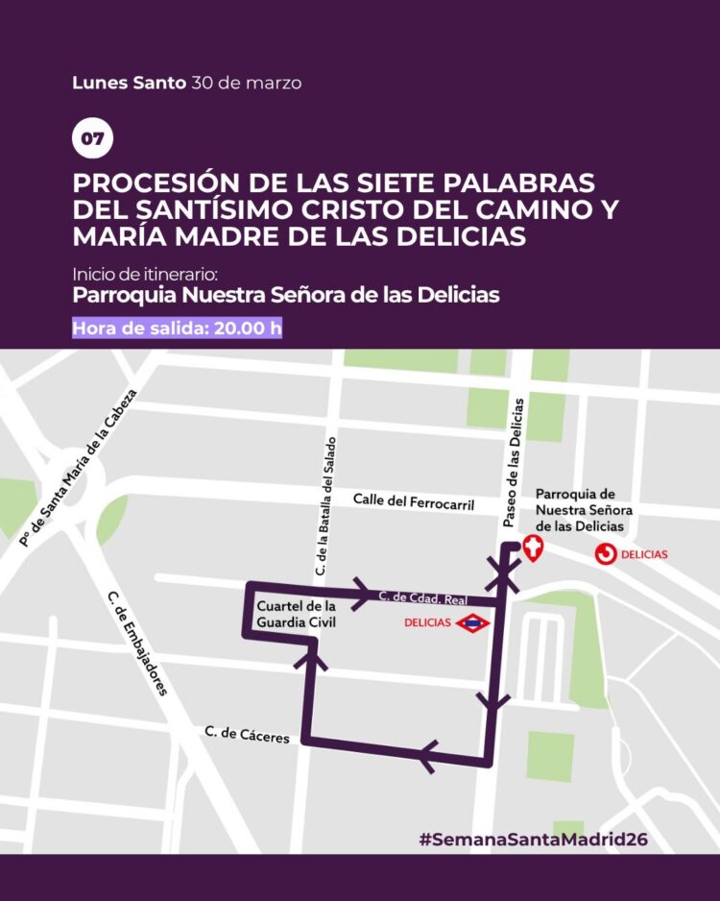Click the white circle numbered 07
92,139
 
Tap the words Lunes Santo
129,83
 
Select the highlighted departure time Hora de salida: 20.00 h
178,327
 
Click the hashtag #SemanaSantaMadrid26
534,839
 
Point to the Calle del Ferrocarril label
414,501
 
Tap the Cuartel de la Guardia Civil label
297,616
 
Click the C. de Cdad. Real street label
422,597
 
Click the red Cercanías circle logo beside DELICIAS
606,553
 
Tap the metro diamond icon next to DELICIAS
473,623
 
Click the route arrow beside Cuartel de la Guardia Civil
312,656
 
